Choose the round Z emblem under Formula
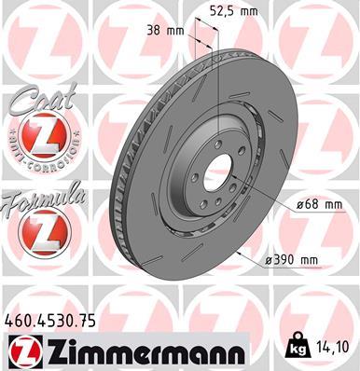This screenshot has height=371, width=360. click(38, 231)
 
